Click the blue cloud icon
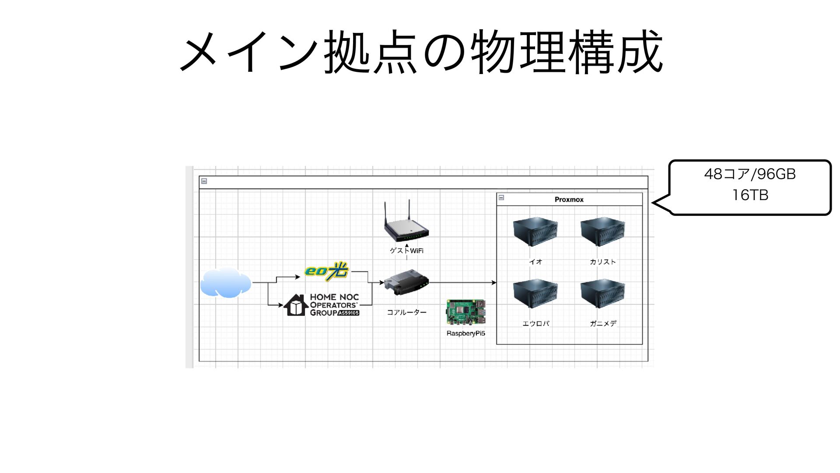pyautogui.click(x=226, y=283)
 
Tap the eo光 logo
pyautogui.click(x=327, y=271)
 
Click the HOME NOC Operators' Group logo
pyautogui.click(x=322, y=305)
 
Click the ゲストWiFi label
pyautogui.click(x=406, y=251)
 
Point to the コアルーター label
pyautogui.click(x=406, y=312)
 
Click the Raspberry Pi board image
pyautogui.click(x=466, y=313)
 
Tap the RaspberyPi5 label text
pyautogui.click(x=466, y=333)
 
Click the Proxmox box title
pyautogui.click(x=569, y=200)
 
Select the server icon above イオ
pyautogui.click(x=535, y=233)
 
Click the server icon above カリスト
pyautogui.click(x=603, y=233)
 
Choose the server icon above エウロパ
pyautogui.click(x=535, y=295)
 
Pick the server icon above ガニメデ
pyautogui.click(x=603, y=295)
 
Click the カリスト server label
pyautogui.click(x=603, y=262)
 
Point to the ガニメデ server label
pyautogui.click(x=603, y=324)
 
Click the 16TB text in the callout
pyautogui.click(x=750, y=195)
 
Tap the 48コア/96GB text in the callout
pyautogui.click(x=750, y=174)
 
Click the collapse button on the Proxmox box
pyautogui.click(x=501, y=198)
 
